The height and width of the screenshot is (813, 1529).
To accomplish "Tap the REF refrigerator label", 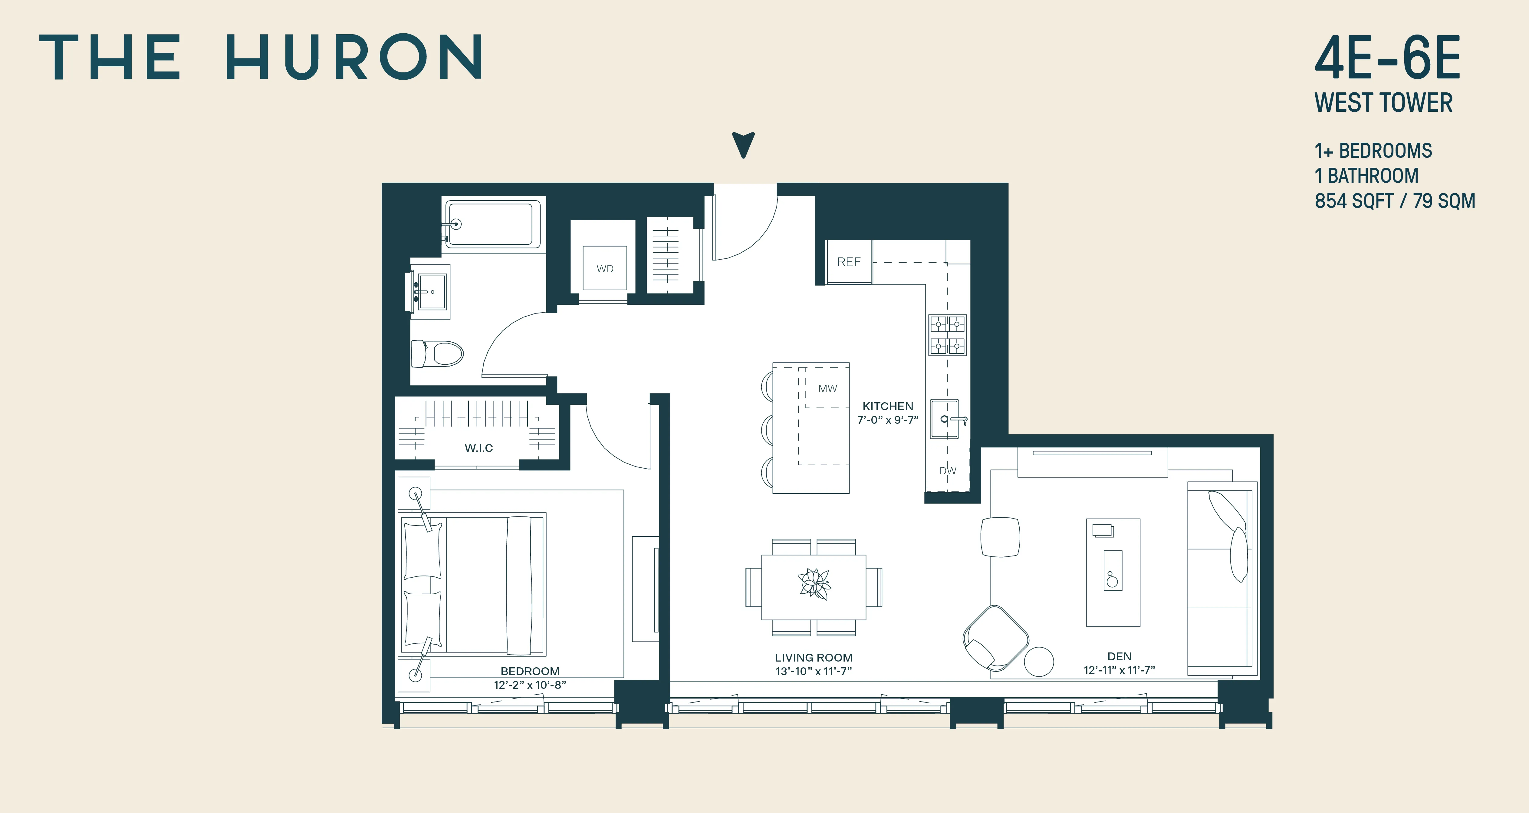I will [x=848, y=262].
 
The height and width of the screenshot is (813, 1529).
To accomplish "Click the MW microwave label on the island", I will [x=827, y=388].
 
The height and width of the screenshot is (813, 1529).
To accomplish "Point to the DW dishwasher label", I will [x=948, y=470].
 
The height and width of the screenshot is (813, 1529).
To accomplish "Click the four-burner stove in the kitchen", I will [x=947, y=335].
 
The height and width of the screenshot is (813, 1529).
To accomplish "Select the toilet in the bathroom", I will [x=438, y=354].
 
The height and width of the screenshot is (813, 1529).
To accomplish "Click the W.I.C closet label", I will [x=478, y=448].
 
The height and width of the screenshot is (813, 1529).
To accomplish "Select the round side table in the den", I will [x=1039, y=661].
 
